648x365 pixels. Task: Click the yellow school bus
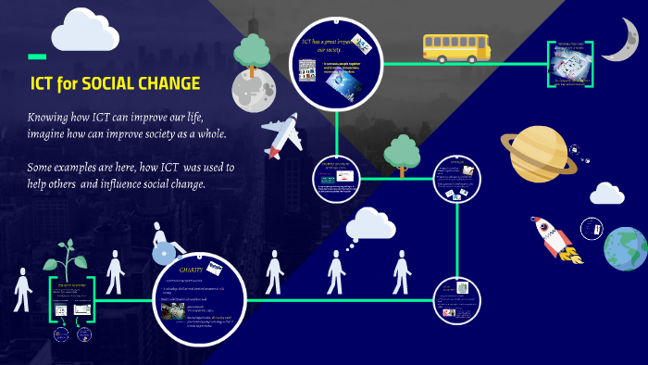[456, 48]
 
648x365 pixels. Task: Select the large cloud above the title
[85, 30]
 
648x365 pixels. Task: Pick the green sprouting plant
[67, 254]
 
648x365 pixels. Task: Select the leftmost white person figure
[23, 289]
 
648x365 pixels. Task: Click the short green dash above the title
[37, 57]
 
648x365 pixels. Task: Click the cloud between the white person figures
[370, 225]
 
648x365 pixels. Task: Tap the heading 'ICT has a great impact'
[330, 42]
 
